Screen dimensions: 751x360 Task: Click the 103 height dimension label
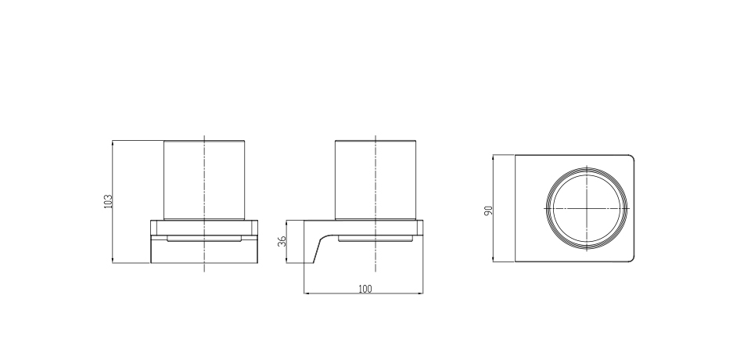tap(108, 201)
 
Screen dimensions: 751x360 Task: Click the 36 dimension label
tap(282, 240)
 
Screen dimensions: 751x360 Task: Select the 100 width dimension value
tap(365, 289)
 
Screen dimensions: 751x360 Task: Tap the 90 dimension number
tap(488, 211)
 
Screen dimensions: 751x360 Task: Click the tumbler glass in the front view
tap(204, 180)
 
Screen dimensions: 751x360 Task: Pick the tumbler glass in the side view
tap(375, 180)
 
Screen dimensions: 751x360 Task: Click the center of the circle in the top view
tap(587, 208)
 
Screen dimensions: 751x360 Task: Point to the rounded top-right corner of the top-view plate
tap(632, 157)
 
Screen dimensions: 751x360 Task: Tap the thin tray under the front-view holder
tap(204, 238)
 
